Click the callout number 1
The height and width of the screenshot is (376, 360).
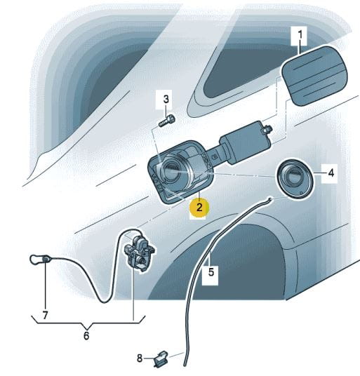click(x=300, y=36)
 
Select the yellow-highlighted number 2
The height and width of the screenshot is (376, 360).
click(x=199, y=207)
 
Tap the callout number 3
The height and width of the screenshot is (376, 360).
click(x=166, y=99)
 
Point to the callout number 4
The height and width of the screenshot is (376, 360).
click(x=331, y=173)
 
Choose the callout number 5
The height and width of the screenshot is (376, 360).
click(x=211, y=272)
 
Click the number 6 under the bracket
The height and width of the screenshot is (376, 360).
click(x=86, y=335)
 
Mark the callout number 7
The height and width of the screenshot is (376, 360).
click(x=45, y=315)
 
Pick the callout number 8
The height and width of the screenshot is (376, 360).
click(x=140, y=358)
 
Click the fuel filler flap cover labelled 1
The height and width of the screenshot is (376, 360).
click(x=314, y=76)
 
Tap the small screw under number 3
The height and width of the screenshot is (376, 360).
click(x=167, y=121)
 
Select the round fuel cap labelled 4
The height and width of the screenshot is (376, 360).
click(x=295, y=178)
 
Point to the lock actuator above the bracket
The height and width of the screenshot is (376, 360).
click(x=139, y=253)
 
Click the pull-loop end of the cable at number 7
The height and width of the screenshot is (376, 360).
click(x=39, y=260)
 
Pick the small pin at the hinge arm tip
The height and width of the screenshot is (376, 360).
click(x=267, y=130)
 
